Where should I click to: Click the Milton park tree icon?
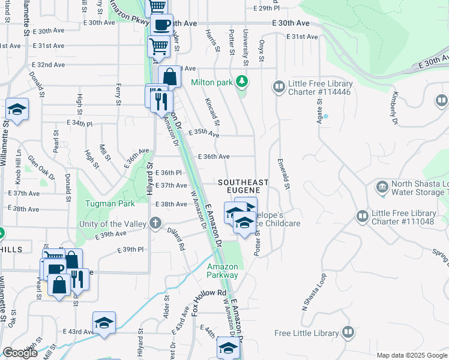click(241, 80)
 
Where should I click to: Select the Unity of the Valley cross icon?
click(155, 224)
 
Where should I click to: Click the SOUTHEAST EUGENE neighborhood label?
click(243, 185)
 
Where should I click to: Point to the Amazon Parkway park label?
click(223, 271)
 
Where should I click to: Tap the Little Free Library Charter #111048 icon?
click(361, 215)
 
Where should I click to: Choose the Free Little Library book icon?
click(348, 332)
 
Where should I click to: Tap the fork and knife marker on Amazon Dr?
click(161, 101)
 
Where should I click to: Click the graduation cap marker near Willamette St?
click(17, 110)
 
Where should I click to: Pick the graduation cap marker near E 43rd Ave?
click(104, 323)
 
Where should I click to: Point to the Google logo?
click(20, 353)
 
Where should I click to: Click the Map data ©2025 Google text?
click(412, 355)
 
